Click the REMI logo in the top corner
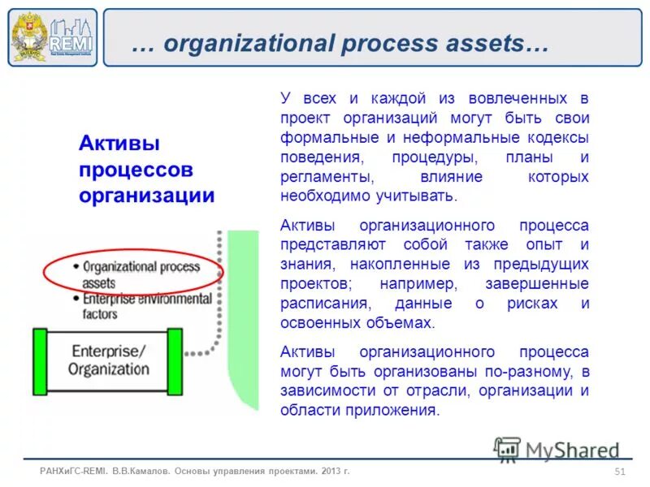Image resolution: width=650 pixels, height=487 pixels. (x=53, y=37)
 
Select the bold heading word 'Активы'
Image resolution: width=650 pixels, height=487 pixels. (x=119, y=144)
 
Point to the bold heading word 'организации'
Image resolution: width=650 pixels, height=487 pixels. (x=146, y=196)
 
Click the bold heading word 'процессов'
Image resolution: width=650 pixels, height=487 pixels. (x=136, y=170)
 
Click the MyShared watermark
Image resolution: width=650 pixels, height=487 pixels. (x=556, y=450)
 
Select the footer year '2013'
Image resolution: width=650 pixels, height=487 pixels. (x=329, y=472)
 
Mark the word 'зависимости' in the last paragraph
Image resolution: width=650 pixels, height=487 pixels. (x=327, y=390)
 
